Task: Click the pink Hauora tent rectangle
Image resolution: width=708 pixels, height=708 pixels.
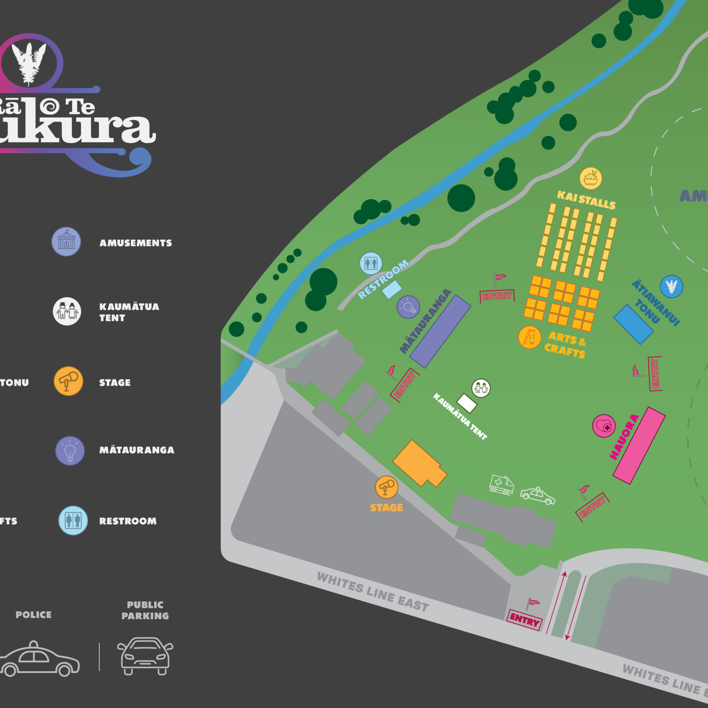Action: point(639,446)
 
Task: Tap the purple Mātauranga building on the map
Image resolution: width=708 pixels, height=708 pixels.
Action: point(440,331)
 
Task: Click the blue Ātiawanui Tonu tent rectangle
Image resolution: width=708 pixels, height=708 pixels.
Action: point(633,324)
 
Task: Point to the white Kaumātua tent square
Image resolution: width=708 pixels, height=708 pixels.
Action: point(467,403)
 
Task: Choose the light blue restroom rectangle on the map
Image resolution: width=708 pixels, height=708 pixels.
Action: point(392,289)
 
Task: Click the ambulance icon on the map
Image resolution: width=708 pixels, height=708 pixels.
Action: point(501,485)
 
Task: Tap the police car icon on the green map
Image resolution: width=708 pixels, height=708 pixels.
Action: point(537,496)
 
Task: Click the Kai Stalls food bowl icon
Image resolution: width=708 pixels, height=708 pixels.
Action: point(591,178)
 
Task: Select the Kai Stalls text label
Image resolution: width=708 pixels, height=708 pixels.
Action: point(586,200)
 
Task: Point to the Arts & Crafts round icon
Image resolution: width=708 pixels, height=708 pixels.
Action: point(529,337)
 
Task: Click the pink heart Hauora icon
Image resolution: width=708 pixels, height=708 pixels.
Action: point(604,426)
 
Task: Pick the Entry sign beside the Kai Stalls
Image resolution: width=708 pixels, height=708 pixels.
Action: point(497,296)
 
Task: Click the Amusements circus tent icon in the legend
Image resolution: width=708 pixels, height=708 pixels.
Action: point(66,242)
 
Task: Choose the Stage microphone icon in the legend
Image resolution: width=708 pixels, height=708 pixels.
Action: point(68,381)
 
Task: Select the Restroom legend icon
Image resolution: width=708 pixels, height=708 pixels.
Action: point(73,521)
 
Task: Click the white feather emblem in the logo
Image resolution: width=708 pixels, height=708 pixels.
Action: point(29,63)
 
